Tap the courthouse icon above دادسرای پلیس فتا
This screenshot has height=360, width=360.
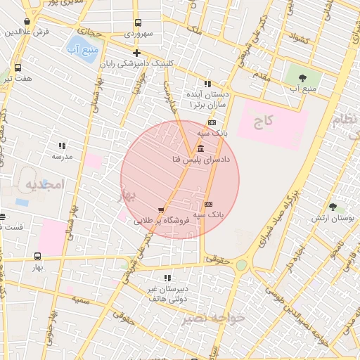[201, 148]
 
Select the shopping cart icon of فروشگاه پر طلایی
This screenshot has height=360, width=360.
[161, 210]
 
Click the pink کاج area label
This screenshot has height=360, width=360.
[263, 122]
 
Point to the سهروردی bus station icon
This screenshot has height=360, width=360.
[136, 22]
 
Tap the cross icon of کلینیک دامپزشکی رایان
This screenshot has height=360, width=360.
[136, 53]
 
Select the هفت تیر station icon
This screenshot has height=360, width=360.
[18, 68]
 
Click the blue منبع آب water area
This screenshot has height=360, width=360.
[83, 49]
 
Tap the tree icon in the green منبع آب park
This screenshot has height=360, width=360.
[303, 77]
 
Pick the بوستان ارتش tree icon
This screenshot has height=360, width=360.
[333, 207]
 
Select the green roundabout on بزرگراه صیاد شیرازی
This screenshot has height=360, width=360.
[241, 265]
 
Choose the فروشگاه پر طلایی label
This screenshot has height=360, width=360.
[162, 221]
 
